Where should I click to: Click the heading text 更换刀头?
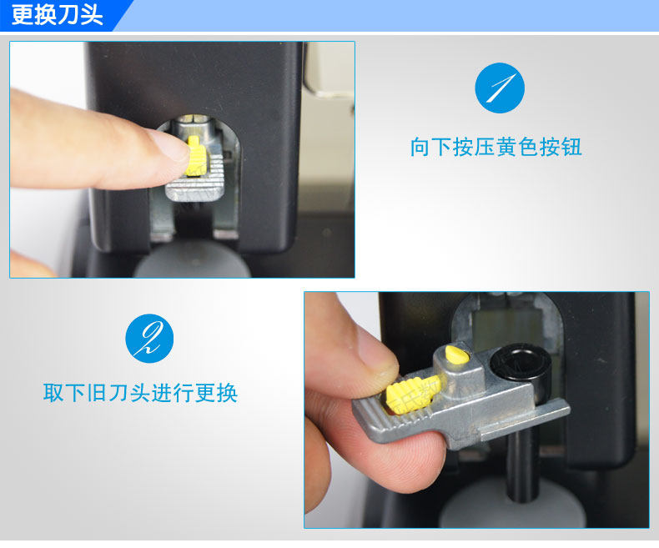click(x=58, y=15)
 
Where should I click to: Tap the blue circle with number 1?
click(x=500, y=88)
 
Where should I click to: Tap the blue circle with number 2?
click(x=149, y=339)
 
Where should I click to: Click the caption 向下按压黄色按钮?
click(x=496, y=147)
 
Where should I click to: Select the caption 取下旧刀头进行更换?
click(x=140, y=393)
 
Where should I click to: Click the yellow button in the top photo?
click(x=196, y=155)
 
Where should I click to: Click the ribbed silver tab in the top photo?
click(x=196, y=178)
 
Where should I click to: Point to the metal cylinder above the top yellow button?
click(x=196, y=125)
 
